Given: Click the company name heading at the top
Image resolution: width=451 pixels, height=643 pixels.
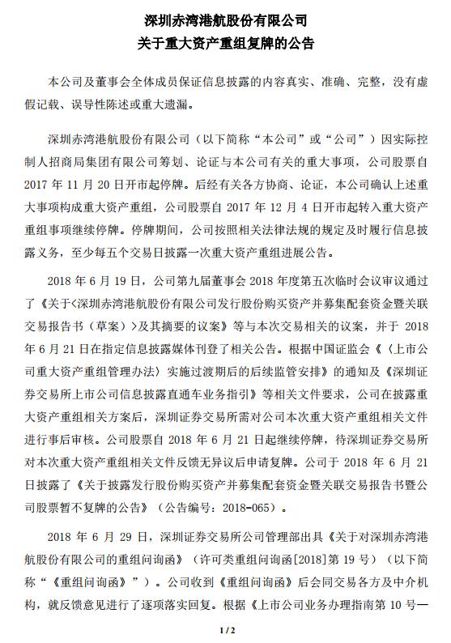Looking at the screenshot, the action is [x=225, y=19].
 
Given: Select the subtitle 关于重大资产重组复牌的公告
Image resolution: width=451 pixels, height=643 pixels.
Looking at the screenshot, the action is [x=225, y=41].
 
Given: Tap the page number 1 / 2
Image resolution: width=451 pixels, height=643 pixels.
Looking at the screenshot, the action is [x=226, y=629].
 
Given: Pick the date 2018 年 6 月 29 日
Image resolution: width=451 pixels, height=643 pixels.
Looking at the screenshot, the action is [x=87, y=538].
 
